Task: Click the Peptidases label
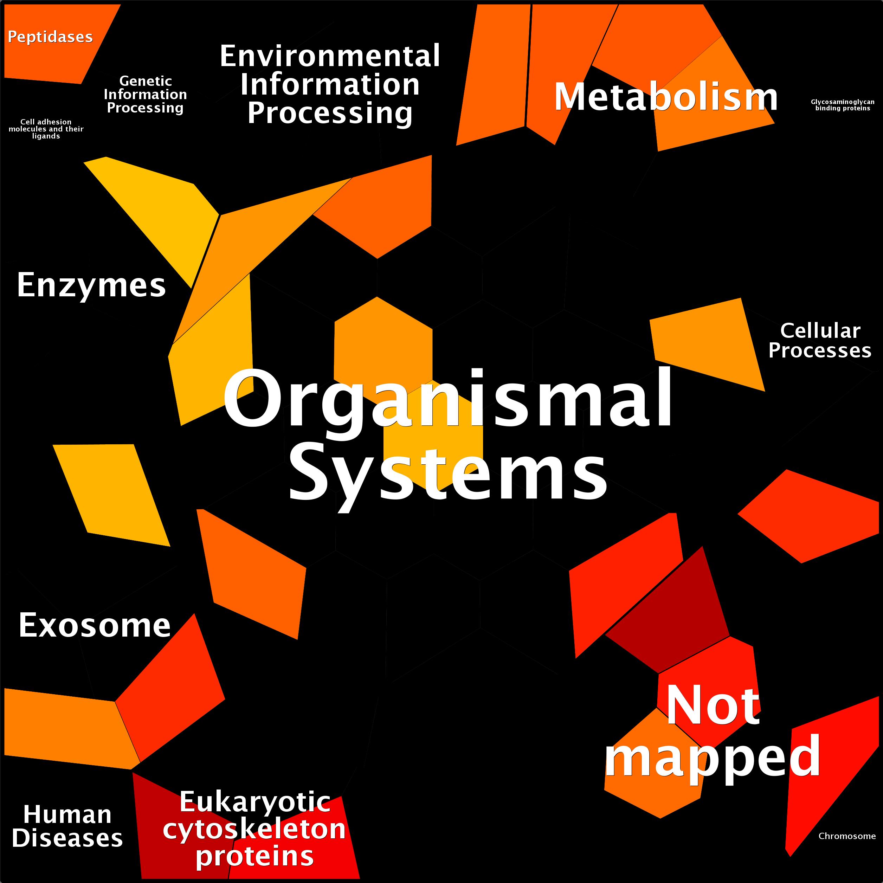click(50, 37)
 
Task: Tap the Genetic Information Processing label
click(145, 94)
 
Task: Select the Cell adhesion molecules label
click(46, 129)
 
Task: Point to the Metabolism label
click(665, 97)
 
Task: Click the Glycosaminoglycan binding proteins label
click(842, 105)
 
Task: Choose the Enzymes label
click(91, 285)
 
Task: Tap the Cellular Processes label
click(820, 341)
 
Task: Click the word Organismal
click(448, 399)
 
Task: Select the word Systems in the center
click(448, 473)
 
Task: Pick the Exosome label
click(95, 625)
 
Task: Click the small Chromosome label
click(847, 836)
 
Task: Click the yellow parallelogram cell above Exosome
click(112, 494)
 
